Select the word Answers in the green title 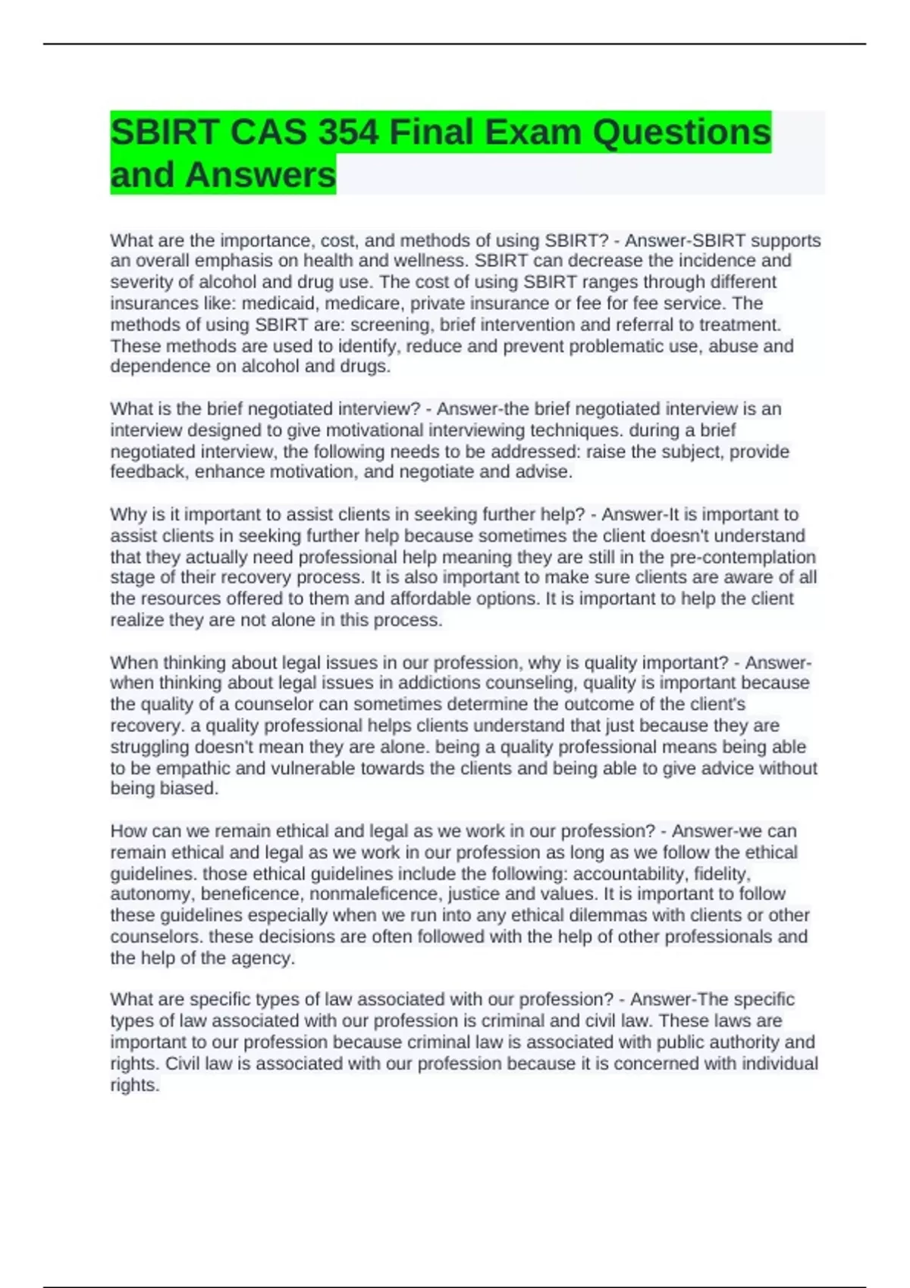pos(260,175)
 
